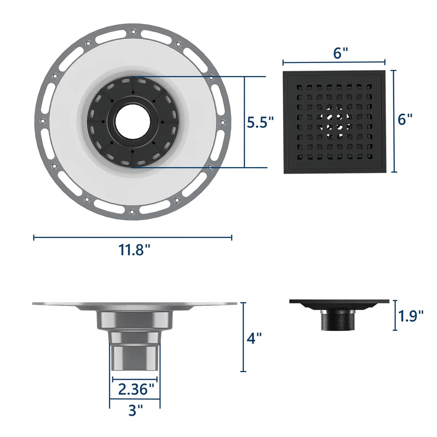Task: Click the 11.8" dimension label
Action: pyautogui.click(x=134, y=250)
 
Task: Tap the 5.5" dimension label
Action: pyautogui.click(x=260, y=122)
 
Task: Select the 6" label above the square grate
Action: pyautogui.click(x=340, y=53)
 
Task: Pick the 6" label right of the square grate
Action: pyautogui.click(x=405, y=119)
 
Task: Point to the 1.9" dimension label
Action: pyautogui.click(x=411, y=316)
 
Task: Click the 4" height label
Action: pyautogui.click(x=254, y=338)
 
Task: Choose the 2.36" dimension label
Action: pyautogui.click(x=136, y=389)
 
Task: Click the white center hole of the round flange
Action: pyautogui.click(x=133, y=122)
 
